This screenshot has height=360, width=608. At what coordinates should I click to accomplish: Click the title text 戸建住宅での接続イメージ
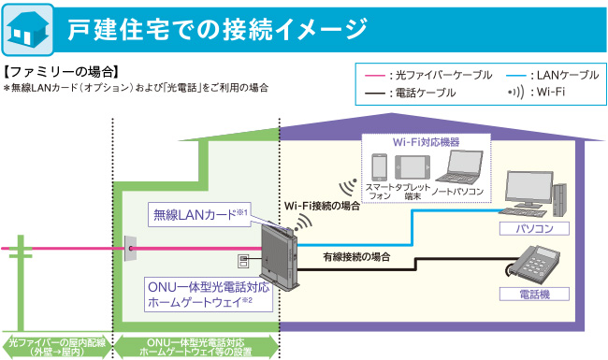point(216,29)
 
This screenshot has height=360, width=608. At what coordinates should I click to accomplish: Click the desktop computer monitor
point(531,193)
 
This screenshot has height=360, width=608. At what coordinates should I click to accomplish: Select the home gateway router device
point(275,253)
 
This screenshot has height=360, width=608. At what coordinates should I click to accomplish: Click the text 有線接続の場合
point(355,255)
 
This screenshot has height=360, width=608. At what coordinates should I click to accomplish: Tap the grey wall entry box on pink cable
point(129,249)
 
